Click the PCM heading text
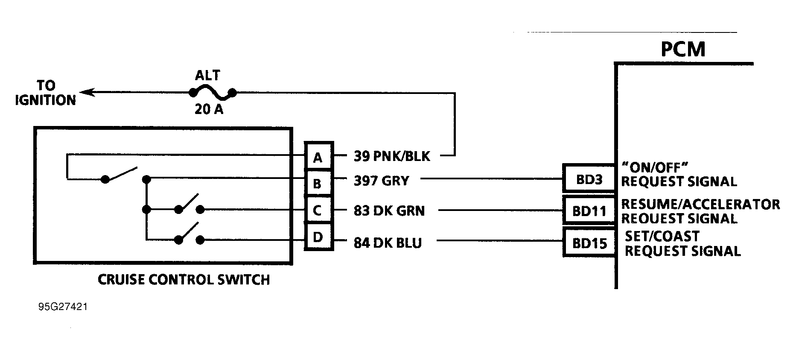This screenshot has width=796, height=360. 683,50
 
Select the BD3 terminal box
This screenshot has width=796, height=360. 589,179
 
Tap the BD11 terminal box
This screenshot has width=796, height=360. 589,211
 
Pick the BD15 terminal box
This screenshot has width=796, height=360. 589,243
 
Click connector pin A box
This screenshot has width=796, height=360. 318,158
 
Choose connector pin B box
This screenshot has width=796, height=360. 318,184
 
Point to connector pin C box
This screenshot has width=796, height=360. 318,210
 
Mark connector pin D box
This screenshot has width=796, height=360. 318,237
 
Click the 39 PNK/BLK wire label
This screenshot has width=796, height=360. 392,156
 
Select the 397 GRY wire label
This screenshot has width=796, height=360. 381,181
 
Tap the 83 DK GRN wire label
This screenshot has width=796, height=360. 389,211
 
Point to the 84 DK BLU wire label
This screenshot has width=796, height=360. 388,243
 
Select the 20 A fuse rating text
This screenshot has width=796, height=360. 209,110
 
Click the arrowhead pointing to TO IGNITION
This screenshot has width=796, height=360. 85,92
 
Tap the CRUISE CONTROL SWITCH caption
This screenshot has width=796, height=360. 184,280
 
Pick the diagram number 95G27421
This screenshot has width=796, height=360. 63,307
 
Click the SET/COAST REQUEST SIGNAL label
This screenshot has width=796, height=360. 682,244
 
